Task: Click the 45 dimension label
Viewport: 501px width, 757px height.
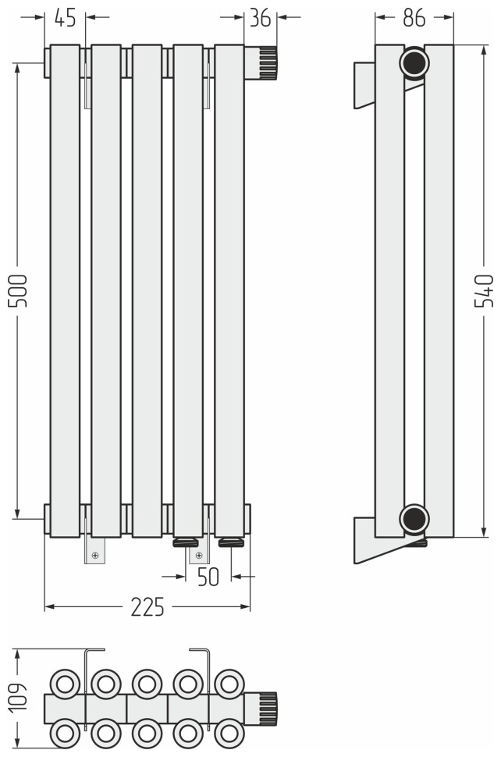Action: pos(65,18)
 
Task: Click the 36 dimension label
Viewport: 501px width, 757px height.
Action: pos(260,18)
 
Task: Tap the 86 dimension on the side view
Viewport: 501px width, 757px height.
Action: pos(414,18)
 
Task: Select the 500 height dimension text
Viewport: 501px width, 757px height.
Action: pos(19,290)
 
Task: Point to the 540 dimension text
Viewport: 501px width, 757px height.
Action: pos(484,290)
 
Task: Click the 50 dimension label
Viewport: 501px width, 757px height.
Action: pos(208,577)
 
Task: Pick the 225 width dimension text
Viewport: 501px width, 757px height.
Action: pos(147,607)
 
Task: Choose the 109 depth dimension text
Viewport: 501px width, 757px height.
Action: pos(19,697)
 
